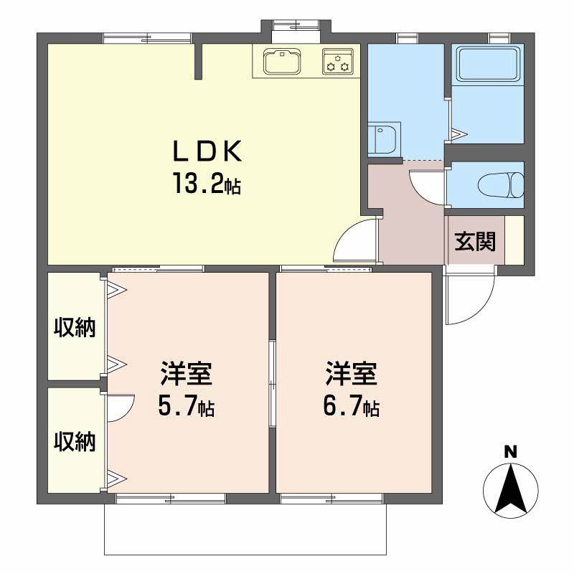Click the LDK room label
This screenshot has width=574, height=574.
click(x=207, y=151)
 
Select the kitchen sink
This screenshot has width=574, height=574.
click(x=282, y=61)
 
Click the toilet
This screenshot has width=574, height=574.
click(x=501, y=186)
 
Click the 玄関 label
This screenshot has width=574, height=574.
click(x=475, y=241)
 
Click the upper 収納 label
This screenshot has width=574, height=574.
click(x=75, y=327)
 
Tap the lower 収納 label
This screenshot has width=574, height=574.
click(x=75, y=441)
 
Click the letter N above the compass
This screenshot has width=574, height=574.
click(x=510, y=452)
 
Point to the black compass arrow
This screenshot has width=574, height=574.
click(x=511, y=488)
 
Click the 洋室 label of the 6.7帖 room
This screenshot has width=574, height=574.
click(x=351, y=373)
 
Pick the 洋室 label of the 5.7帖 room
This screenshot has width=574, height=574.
click(x=186, y=373)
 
